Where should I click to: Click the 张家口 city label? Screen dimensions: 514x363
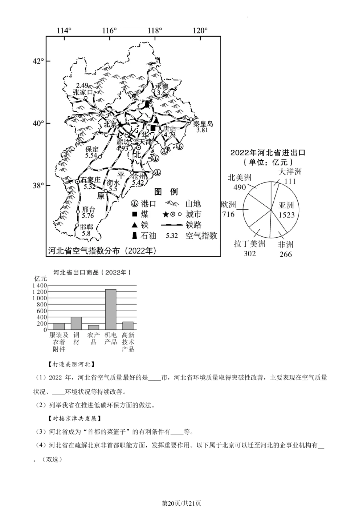point(83,92)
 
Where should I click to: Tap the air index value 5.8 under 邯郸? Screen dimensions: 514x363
point(86,233)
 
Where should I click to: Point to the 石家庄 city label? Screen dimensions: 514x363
point(90,180)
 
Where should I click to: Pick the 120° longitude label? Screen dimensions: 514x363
point(200,31)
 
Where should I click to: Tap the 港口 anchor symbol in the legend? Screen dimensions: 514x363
point(134,204)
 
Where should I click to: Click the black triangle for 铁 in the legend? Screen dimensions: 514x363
point(134,225)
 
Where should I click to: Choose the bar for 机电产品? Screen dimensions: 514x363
point(111,309)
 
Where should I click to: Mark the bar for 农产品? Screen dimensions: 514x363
point(93,327)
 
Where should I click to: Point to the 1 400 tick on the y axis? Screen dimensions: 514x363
point(40,285)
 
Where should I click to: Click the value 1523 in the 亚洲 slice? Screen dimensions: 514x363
point(286,215)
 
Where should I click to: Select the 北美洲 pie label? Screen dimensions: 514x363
point(240,178)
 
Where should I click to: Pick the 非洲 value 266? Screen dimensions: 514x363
point(286,254)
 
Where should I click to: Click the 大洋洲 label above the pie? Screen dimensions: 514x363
point(290,171)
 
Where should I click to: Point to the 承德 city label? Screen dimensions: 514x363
point(162,87)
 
